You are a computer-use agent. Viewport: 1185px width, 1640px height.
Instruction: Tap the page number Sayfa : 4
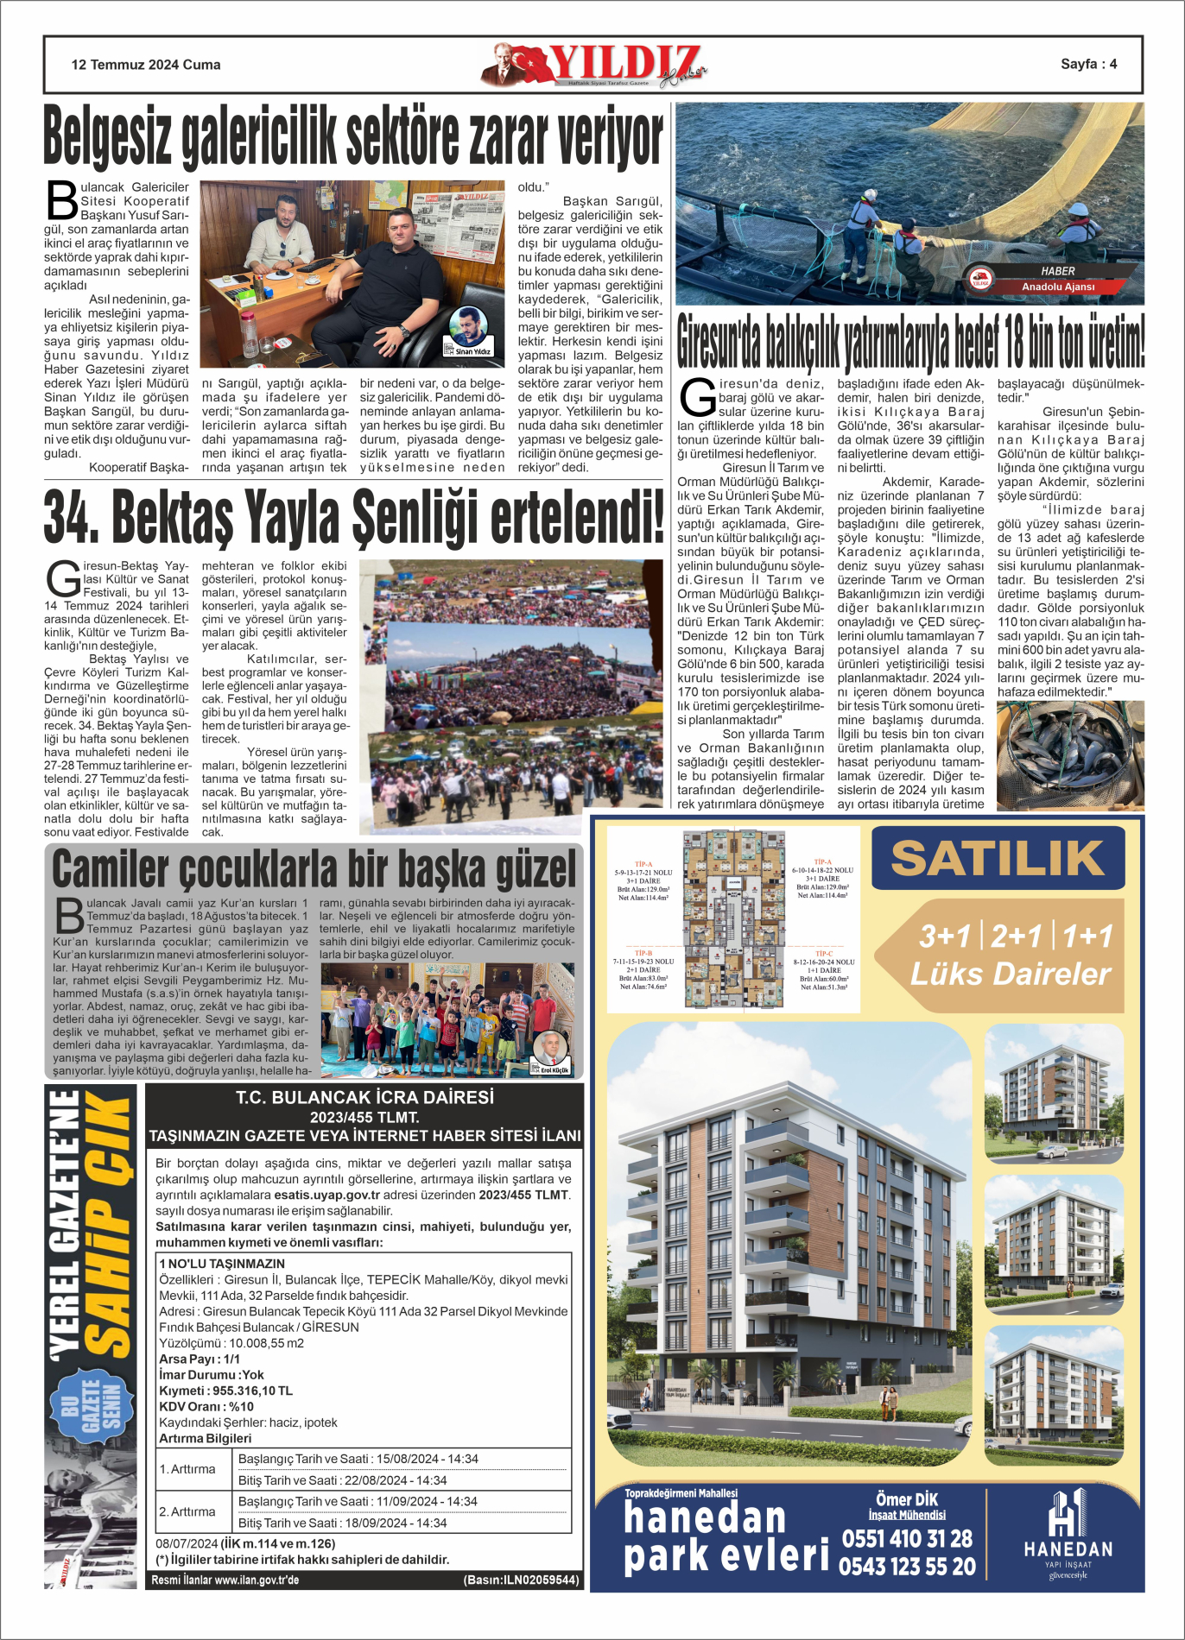click(x=1088, y=64)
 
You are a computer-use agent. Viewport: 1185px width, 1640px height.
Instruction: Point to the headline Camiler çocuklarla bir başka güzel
click(x=314, y=869)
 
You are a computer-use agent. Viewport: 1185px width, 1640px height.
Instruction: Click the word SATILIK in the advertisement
click(x=998, y=858)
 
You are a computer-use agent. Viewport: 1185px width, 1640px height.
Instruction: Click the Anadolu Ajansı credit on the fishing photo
click(x=1057, y=287)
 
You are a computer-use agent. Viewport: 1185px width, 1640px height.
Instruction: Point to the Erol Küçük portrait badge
click(x=552, y=1053)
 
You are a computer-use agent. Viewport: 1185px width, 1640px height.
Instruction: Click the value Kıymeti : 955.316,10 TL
click(x=225, y=1391)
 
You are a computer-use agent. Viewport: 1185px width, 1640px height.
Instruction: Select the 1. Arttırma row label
click(x=187, y=1469)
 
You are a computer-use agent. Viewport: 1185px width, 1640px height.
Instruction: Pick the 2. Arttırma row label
click(x=187, y=1511)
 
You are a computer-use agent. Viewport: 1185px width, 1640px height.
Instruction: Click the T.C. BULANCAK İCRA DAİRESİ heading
click(x=364, y=1097)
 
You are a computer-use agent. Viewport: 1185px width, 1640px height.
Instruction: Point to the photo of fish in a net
click(x=1070, y=755)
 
